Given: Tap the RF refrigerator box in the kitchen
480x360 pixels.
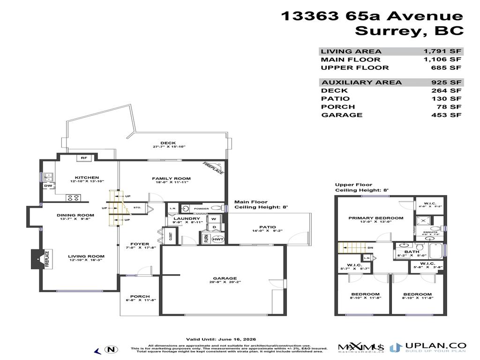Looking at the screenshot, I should tap(84, 158).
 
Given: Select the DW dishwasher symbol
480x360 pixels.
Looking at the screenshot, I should tap(48, 186).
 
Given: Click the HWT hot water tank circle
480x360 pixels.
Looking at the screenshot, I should tap(217, 239).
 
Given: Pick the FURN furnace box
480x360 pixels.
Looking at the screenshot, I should tap(206, 239).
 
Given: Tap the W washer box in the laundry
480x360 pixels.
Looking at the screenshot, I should tap(214, 218).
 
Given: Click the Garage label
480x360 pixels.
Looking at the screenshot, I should tap(223, 278).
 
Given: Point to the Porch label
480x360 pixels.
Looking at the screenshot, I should tap(140, 296).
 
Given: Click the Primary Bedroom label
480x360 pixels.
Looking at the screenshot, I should tap(375, 218).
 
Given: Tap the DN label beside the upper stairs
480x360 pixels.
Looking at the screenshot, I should tap(370, 247).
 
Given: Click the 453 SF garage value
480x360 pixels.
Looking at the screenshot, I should tap(449, 115).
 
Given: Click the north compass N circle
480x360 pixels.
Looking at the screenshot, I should tap(111, 349).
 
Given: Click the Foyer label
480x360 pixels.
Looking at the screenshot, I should tap(140, 244).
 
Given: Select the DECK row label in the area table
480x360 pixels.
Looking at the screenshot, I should tap(334, 91).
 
